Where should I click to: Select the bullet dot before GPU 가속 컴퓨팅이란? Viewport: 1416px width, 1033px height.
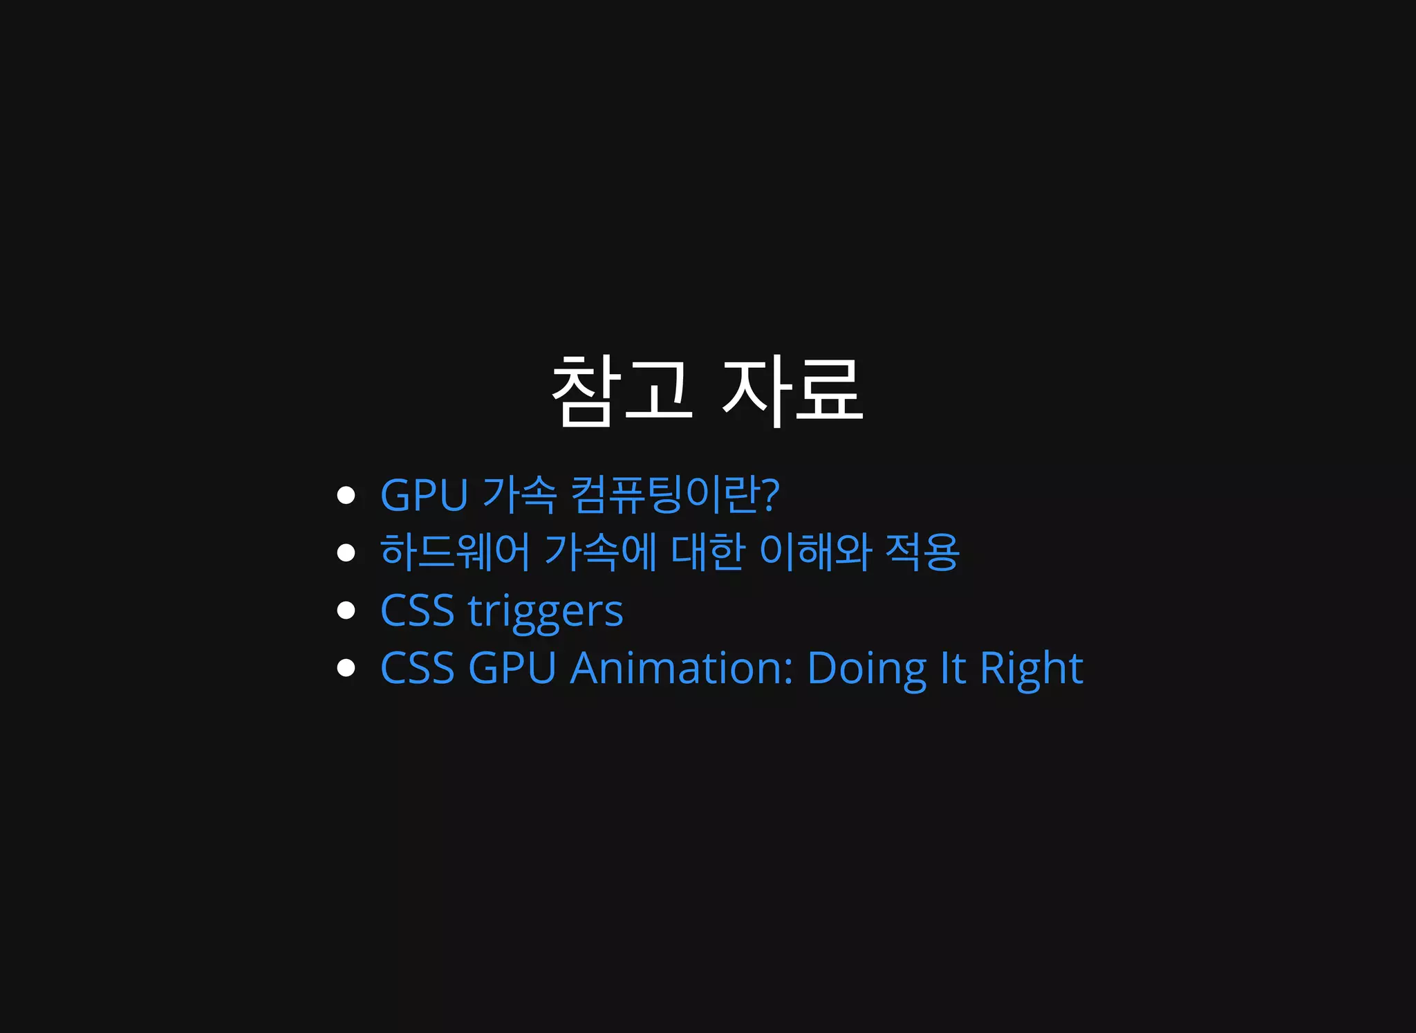click(x=346, y=495)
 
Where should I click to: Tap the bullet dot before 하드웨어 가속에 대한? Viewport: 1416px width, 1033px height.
click(x=346, y=552)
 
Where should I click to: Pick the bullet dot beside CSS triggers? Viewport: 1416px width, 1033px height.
click(x=346, y=611)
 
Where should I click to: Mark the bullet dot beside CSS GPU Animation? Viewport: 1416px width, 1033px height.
click(x=346, y=668)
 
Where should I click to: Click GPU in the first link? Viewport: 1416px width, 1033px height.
click(x=424, y=495)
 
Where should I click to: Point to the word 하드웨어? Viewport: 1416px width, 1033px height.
click(x=454, y=552)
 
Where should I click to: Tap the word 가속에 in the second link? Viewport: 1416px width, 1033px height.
click(x=600, y=552)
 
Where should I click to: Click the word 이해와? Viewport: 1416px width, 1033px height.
click(x=815, y=552)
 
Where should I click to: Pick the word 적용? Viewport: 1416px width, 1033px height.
click(x=922, y=552)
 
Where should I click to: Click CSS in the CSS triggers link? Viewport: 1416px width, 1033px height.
click(x=417, y=611)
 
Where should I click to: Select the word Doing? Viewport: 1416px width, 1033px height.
click(x=866, y=669)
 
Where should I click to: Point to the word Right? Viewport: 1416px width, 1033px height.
click(x=1031, y=669)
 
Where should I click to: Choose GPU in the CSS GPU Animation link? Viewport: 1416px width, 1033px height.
click(x=512, y=668)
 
